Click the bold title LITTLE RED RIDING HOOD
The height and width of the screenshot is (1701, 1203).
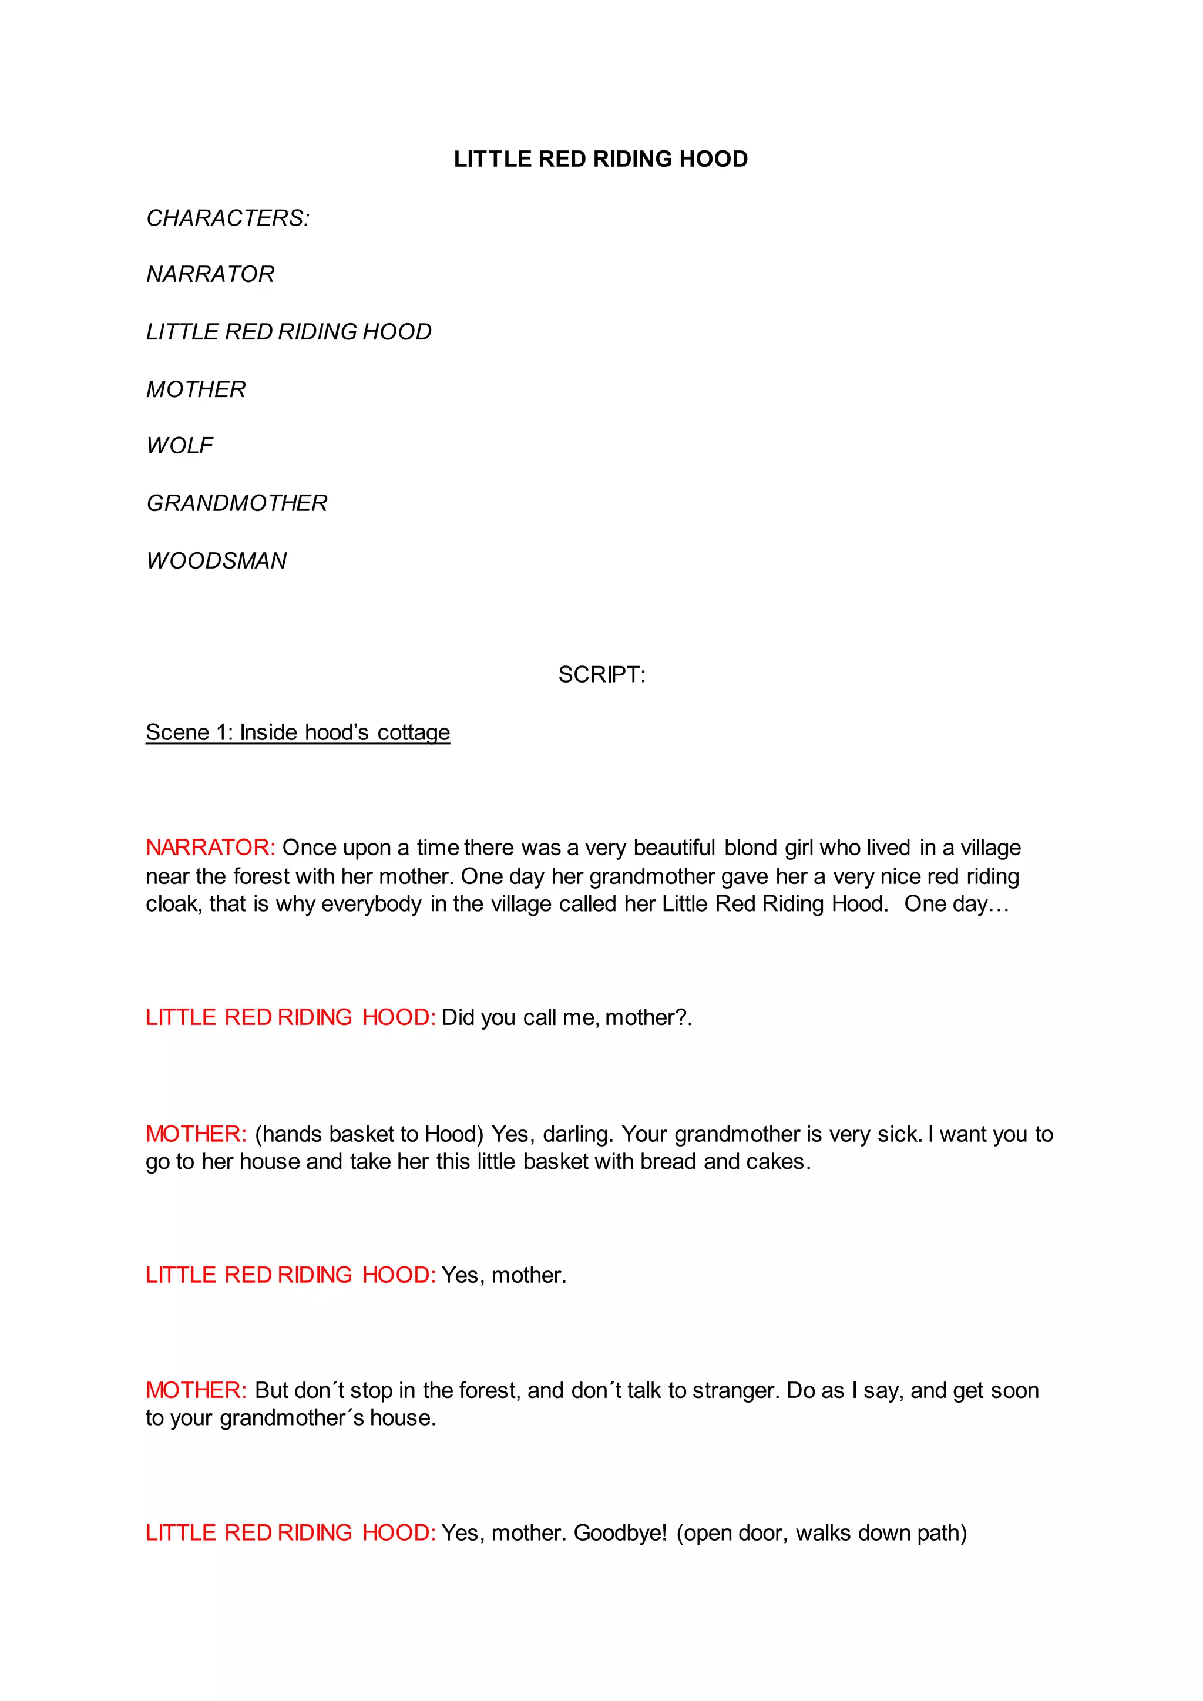pyautogui.click(x=601, y=159)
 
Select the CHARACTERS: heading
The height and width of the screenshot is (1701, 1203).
pyautogui.click(x=227, y=218)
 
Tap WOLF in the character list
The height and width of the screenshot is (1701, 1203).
pyautogui.click(x=179, y=445)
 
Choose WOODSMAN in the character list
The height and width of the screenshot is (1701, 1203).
pyautogui.click(x=216, y=560)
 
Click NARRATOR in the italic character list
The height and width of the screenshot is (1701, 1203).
pyautogui.click(x=210, y=274)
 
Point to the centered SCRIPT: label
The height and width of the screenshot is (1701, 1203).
pyautogui.click(x=601, y=674)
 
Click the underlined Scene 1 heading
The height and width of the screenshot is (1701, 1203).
pyautogui.click(x=298, y=732)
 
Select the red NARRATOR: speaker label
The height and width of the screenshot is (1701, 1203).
pyautogui.click(x=210, y=847)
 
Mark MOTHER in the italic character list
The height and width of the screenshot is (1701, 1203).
pyautogui.click(x=196, y=389)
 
